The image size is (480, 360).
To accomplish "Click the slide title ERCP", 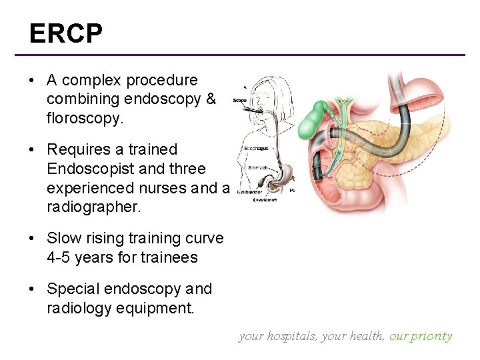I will pos(65,33).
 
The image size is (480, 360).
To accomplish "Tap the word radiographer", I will pos(94,207).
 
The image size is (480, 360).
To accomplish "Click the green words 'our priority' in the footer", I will pos(421,336).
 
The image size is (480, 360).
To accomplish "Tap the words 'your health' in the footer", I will pos(353,336).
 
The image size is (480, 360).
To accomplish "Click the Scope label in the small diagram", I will pos(240,101).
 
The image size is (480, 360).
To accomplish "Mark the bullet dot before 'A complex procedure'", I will pos(31,81).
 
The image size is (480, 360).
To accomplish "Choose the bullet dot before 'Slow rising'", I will pos(31,239).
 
